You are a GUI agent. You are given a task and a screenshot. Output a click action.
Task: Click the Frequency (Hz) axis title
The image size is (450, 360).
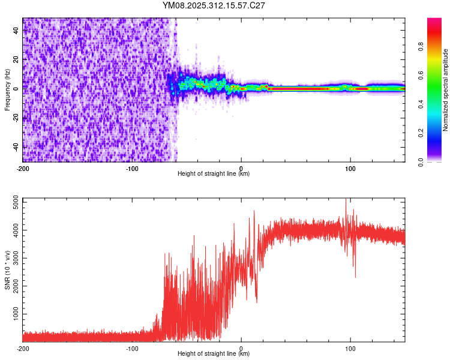[7, 90]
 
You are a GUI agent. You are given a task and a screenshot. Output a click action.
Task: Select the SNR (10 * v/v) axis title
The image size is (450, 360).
[7, 270]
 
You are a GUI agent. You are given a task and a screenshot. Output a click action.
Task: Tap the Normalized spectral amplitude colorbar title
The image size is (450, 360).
[445, 90]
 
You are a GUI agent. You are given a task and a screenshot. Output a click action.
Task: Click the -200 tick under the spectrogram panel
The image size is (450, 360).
[23, 168]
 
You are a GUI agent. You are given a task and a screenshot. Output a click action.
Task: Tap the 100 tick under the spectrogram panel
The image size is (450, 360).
[350, 168]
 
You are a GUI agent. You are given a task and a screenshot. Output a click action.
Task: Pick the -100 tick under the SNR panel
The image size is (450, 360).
[132, 348]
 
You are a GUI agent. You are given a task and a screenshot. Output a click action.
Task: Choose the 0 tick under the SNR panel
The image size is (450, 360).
[241, 348]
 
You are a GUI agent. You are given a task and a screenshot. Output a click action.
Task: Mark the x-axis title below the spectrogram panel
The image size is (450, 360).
[214, 174]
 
